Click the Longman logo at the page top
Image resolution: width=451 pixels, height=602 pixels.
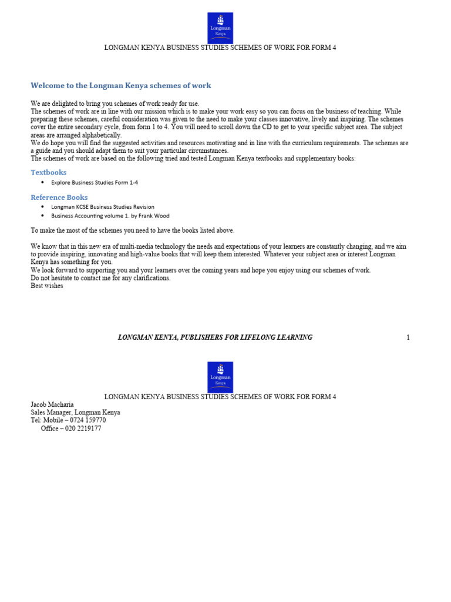(220, 28)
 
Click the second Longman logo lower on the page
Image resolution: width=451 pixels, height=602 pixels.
(220, 377)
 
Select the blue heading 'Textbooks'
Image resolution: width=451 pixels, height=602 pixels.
(49, 172)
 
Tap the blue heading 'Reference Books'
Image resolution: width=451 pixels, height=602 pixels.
(59, 198)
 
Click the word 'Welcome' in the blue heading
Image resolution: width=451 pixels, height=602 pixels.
(46, 86)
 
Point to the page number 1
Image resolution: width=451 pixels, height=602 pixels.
(408, 337)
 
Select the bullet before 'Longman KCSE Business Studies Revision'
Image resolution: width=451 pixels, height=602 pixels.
(43, 207)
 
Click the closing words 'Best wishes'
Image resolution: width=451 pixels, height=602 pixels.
(47, 286)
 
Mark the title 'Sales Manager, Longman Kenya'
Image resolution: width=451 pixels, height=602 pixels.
(75, 413)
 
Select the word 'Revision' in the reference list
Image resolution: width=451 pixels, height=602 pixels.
(143, 207)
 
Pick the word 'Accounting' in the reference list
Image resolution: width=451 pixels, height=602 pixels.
(89, 216)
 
